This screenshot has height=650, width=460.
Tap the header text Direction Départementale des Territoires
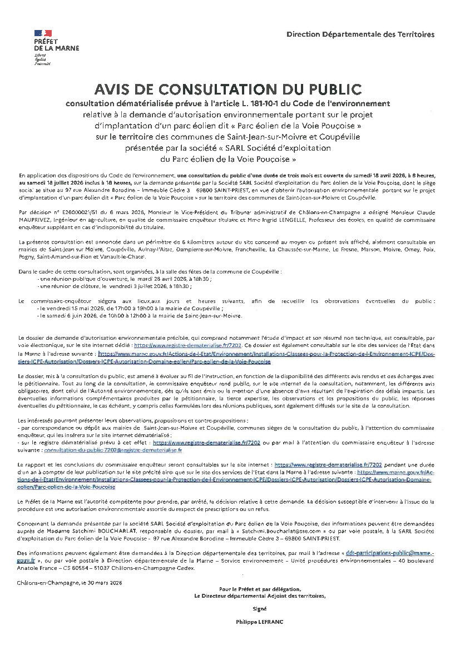(x=360, y=34)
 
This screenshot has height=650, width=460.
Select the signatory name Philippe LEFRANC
(x=260, y=622)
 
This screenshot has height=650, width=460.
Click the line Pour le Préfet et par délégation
(x=260, y=589)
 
